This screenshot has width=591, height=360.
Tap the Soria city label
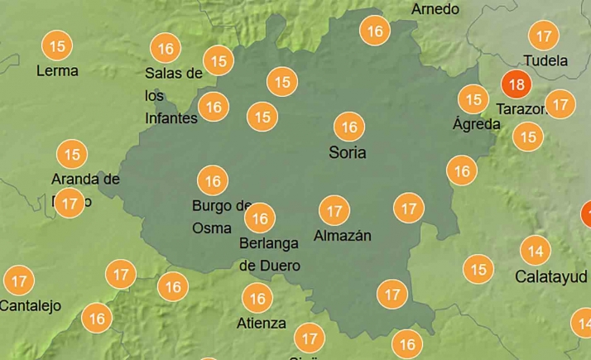347,153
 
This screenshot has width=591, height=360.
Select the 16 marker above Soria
349,127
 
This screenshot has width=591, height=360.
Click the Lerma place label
57,71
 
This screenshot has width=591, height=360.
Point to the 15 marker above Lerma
57,46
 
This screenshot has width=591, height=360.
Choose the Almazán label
342,236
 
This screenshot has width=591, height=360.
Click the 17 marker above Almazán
334,211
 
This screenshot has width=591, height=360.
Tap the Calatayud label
550,276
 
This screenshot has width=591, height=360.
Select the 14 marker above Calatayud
536,250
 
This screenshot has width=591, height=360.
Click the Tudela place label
545,61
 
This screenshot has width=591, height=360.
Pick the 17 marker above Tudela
544,36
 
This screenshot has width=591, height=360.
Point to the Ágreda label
476,125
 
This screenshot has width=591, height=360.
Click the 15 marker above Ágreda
473,100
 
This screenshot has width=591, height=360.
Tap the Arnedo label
435,9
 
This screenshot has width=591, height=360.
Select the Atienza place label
261,323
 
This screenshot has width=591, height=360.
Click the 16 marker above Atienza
257,298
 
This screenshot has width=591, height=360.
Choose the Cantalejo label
31,306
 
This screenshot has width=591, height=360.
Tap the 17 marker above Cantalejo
19,281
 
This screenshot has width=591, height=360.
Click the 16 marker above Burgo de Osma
213,180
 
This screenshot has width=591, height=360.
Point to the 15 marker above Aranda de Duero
72,154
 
